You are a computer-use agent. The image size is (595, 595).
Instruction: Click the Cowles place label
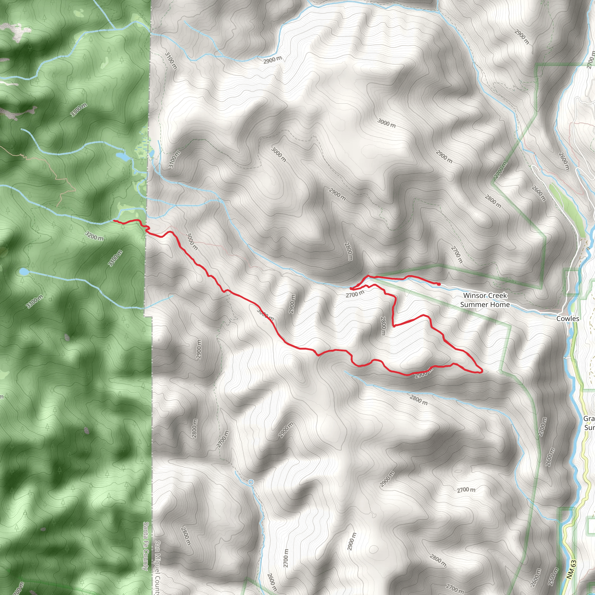click(568, 319)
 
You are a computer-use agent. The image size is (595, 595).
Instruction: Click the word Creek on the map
click(497, 296)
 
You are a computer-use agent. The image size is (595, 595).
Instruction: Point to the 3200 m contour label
click(94, 236)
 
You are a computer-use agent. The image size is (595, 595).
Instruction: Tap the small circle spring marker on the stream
click(251, 482)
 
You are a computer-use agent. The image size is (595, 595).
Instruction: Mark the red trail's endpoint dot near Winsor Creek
click(439, 284)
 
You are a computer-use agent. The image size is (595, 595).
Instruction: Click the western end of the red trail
click(114, 221)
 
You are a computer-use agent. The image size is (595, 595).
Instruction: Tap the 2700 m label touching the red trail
click(355, 294)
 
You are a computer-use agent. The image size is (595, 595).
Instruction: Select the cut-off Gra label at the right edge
click(589, 419)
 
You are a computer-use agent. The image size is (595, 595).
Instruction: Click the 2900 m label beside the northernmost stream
click(272, 60)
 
